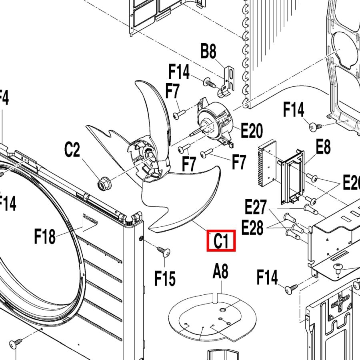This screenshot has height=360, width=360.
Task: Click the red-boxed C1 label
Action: pyautogui.click(x=221, y=241)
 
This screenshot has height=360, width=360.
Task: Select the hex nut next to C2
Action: pyautogui.click(x=102, y=184)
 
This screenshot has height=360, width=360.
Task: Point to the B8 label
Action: pyautogui.click(x=208, y=52)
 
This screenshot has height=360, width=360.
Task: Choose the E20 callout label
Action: pyautogui.click(x=251, y=131)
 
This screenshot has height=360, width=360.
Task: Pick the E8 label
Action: pyautogui.click(x=323, y=147)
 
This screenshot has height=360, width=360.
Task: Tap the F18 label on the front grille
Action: pyautogui.click(x=45, y=237)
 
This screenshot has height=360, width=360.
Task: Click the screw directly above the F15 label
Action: pyautogui.click(x=164, y=252)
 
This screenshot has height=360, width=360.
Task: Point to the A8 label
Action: pyautogui.click(x=220, y=272)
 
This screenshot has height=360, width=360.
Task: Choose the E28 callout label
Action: pyautogui.click(x=252, y=228)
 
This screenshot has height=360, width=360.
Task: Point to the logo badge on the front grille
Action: pyautogui.click(x=89, y=216)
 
